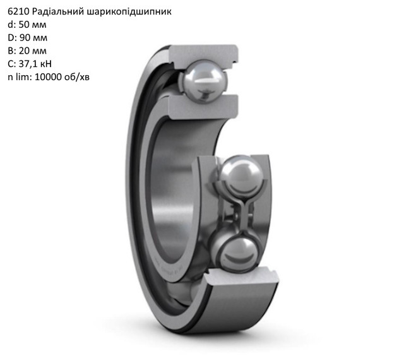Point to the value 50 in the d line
24,25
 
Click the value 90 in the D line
25,38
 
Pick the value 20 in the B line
24,50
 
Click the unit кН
45,64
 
